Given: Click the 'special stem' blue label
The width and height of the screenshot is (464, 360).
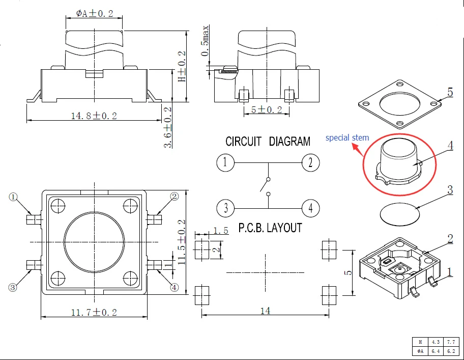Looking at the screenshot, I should click(347, 137).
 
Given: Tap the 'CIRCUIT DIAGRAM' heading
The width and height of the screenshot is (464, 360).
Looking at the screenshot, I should click(268, 141).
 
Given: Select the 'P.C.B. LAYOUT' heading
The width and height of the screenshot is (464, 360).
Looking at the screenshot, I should click(270, 228).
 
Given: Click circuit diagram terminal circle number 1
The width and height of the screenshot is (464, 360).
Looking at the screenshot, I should click(225, 163).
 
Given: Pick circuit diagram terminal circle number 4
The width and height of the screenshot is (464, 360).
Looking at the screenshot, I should click(310, 208).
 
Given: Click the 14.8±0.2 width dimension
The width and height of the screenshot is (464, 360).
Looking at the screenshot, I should click(94, 116).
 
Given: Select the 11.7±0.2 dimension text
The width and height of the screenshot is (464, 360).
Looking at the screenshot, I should click(94, 312).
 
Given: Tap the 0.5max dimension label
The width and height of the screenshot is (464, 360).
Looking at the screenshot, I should click(205, 40).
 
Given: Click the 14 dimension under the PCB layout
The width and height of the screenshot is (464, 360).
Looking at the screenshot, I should click(265, 310).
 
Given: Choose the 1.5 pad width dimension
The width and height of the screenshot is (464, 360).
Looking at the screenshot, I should click(220, 231).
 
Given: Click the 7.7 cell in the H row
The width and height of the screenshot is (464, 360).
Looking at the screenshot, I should click(450, 342).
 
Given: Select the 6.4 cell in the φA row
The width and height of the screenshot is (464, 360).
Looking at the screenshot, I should click(435, 351).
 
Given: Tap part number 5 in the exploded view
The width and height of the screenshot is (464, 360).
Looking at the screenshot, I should click(450, 92).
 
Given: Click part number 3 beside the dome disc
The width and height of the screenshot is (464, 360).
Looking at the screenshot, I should click(450, 190).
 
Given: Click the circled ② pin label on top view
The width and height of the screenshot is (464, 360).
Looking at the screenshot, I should click(175, 197).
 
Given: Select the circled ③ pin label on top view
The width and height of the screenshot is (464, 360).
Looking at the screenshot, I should click(13, 288).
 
